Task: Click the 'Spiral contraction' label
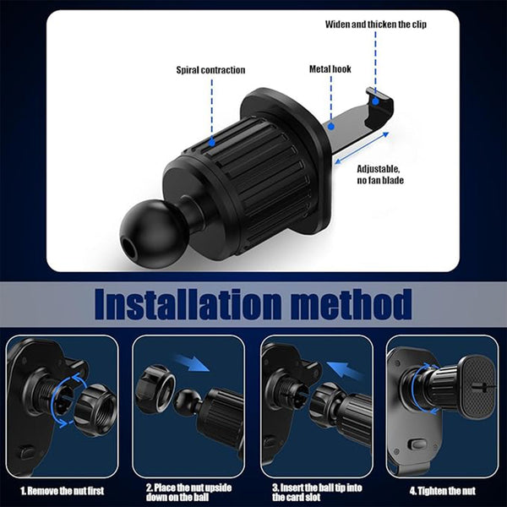tap(210, 70)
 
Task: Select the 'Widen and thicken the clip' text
tap(376, 24)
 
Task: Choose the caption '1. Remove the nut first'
tap(63, 489)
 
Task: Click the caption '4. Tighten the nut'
tap(443, 489)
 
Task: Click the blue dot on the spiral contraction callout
tap(210, 145)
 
